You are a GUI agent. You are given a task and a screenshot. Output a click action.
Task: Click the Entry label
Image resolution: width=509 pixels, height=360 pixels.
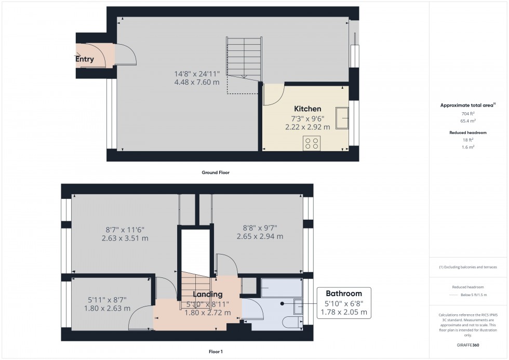(x=85, y=59)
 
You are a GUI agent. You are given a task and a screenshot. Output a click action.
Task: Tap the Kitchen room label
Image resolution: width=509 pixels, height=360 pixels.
(x=307, y=109)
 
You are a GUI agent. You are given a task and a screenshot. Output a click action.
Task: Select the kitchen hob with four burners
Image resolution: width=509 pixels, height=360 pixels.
(x=312, y=143)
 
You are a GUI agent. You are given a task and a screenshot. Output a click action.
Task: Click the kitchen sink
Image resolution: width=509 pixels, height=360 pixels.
(x=342, y=117)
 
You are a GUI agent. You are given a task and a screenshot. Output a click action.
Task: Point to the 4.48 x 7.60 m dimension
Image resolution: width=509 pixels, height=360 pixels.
(x=196, y=82)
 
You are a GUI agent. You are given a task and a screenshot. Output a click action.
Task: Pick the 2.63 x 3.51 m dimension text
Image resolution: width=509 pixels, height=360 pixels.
(x=125, y=238)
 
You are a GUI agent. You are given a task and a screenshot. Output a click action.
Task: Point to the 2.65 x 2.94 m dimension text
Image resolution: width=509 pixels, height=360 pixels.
(x=260, y=236)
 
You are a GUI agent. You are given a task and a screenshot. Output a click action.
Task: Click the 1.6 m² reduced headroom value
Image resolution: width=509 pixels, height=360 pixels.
(x=468, y=147)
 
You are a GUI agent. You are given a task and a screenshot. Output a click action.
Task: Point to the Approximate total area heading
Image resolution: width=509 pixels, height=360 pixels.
(x=468, y=105)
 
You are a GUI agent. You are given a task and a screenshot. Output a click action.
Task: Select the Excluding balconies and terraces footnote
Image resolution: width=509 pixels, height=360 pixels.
(x=468, y=267)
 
